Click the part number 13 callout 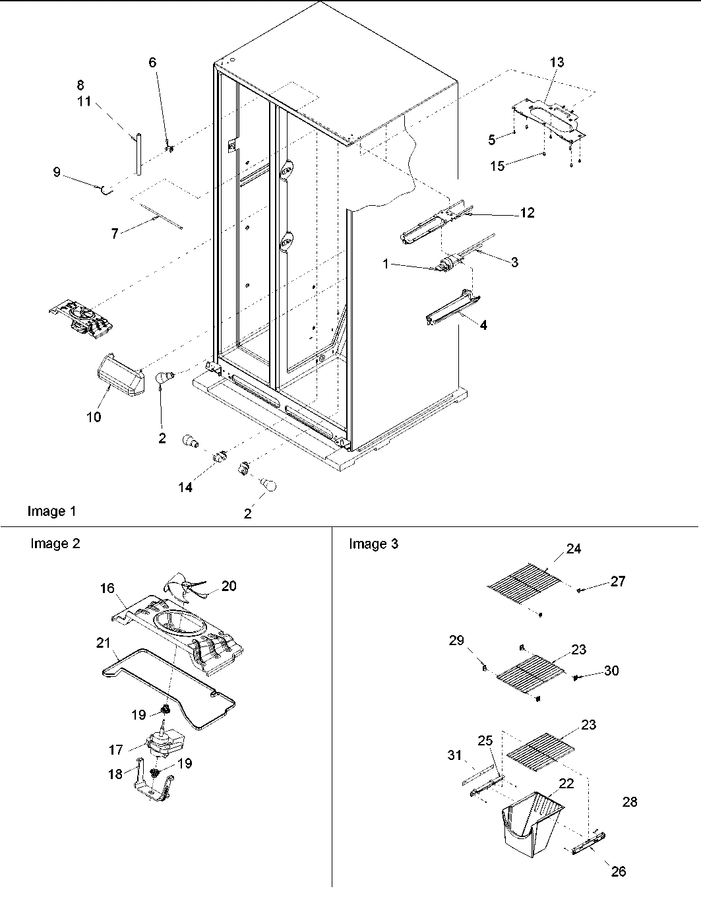pos(557,62)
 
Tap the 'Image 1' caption pos(51,511)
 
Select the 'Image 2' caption pos(55,544)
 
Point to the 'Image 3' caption pos(373,544)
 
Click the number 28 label pos(630,801)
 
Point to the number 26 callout pos(618,871)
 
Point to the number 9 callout pos(57,172)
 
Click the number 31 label pos(455,755)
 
